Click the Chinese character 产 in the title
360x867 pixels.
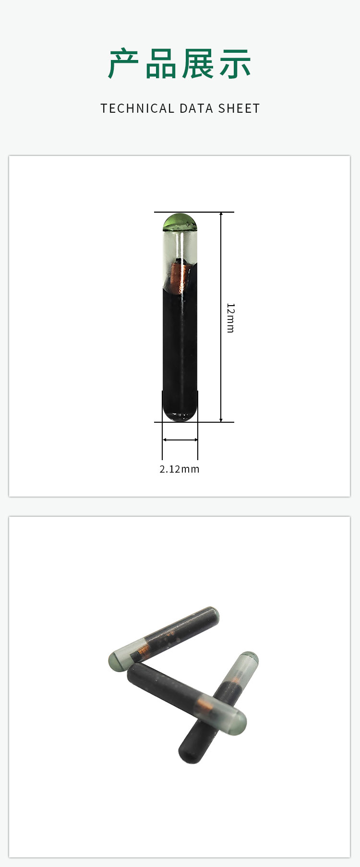(124, 64)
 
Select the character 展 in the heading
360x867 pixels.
(198, 64)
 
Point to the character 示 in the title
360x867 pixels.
(235, 64)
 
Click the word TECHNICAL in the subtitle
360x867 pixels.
(137, 108)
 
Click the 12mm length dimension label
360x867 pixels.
(230, 318)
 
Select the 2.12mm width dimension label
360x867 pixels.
(180, 469)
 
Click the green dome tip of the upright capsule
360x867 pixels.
(180, 222)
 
